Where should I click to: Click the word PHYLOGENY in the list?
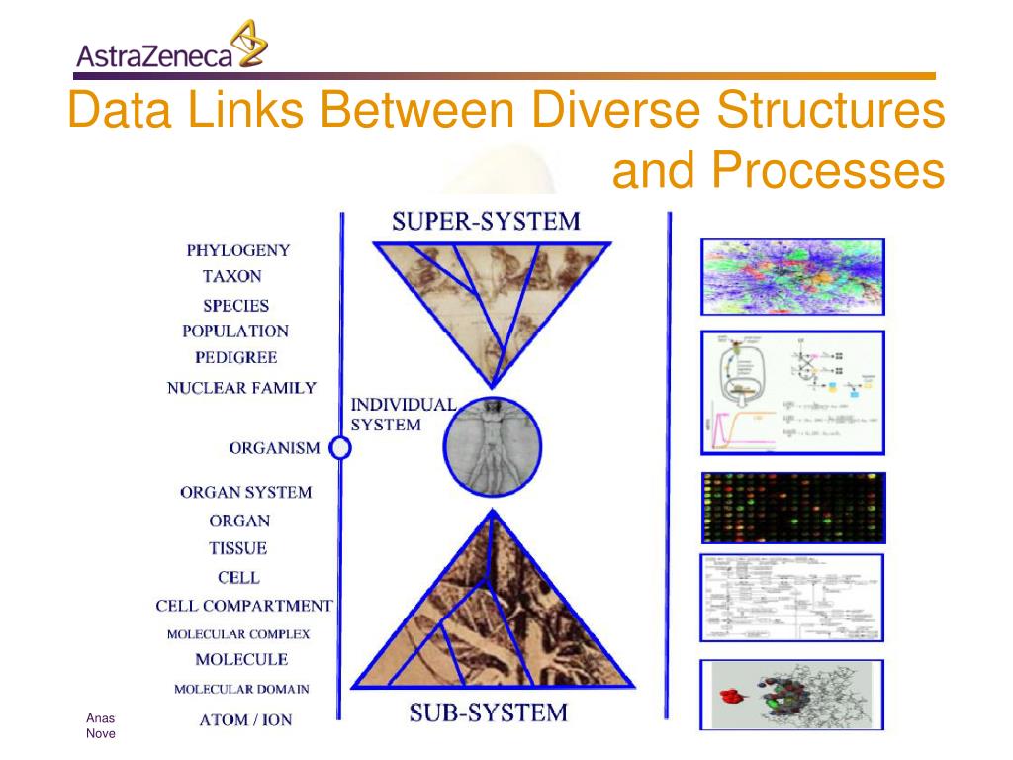(238, 250)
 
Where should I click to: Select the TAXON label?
(232, 276)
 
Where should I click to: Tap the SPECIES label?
(235, 306)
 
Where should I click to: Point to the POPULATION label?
(235, 332)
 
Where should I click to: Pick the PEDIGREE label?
(235, 357)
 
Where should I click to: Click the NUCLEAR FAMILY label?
(241, 388)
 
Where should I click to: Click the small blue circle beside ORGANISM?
(340, 448)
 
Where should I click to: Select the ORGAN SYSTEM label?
(245, 492)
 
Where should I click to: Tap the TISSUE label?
(237, 548)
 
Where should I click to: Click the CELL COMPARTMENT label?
(244, 605)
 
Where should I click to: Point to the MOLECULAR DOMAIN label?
(241, 689)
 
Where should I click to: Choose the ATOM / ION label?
(245, 719)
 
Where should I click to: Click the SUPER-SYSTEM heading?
(486, 221)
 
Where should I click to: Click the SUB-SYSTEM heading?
(488, 712)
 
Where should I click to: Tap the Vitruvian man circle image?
(492, 445)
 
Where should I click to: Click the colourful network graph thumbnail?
(792, 276)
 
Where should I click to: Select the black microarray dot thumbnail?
(792, 508)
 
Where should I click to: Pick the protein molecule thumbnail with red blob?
(792, 695)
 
